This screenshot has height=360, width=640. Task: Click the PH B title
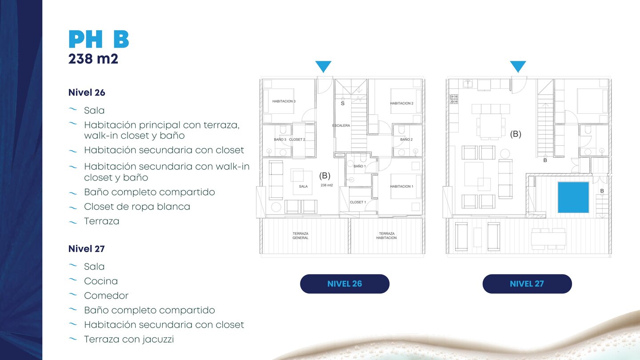[x=99, y=39]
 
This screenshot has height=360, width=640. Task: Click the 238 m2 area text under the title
[x=93, y=59]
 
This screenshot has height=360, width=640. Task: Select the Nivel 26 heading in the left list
[x=87, y=92]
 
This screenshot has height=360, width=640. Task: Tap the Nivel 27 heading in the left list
[x=87, y=249]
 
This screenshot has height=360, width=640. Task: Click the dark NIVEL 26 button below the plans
[x=344, y=284]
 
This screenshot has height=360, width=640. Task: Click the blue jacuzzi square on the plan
[x=573, y=197]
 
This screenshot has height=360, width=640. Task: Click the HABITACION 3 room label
[x=284, y=101]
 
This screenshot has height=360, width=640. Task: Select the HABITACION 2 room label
[x=402, y=104]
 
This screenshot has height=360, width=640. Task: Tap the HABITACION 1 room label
[x=402, y=186]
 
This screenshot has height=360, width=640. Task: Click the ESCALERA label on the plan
[x=341, y=125]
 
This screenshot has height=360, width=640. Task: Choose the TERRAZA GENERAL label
[x=300, y=236]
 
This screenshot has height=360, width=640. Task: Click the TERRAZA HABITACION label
[x=387, y=236]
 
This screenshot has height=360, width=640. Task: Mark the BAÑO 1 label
[x=360, y=166]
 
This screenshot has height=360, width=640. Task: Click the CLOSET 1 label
[x=358, y=202]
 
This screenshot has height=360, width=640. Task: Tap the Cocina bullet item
[x=101, y=281]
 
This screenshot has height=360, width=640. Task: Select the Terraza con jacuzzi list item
[x=129, y=340]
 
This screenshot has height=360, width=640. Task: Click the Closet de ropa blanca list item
[x=137, y=207]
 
